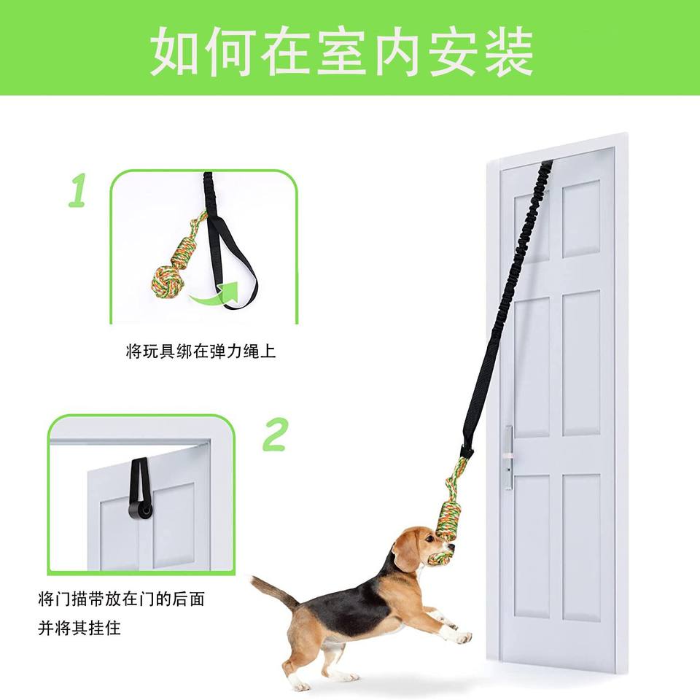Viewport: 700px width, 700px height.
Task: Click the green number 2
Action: tap(275, 434)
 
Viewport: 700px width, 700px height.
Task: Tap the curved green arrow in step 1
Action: tap(214, 293)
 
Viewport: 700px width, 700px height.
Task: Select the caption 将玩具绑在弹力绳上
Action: tap(201, 351)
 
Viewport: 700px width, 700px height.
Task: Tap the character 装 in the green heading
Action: tap(510, 52)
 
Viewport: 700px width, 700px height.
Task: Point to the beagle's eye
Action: tap(429, 539)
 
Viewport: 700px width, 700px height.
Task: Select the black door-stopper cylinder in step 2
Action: tap(140, 511)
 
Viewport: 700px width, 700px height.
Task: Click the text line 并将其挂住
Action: tap(79, 629)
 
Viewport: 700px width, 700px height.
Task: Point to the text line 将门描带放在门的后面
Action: tap(122, 599)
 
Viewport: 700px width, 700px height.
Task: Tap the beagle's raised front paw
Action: tap(462, 637)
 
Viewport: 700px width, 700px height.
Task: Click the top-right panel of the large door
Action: tap(581, 219)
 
